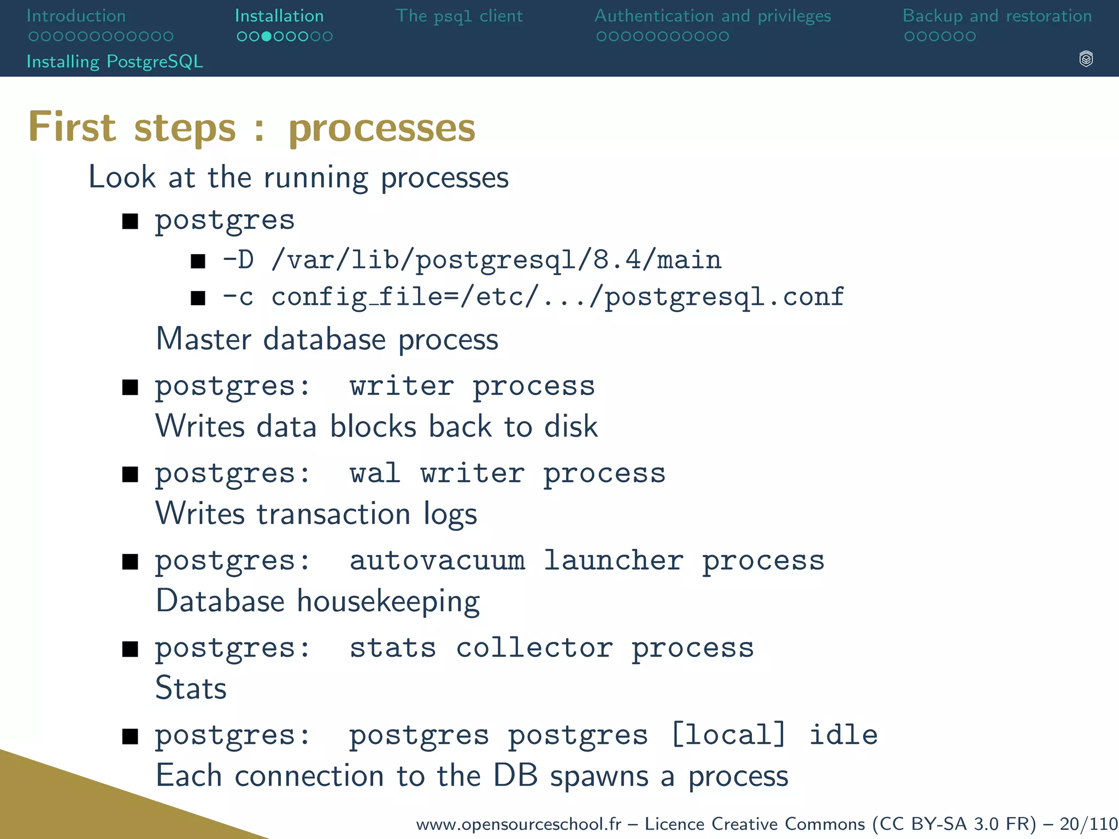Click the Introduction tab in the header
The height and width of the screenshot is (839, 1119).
click(x=76, y=16)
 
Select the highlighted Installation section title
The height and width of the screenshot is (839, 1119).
click(x=279, y=16)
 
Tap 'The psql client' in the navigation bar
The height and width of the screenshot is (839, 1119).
click(x=459, y=16)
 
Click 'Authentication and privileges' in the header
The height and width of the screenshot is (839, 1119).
click(x=712, y=16)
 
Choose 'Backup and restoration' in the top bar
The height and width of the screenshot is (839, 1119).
click(x=997, y=16)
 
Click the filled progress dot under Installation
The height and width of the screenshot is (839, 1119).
click(x=266, y=37)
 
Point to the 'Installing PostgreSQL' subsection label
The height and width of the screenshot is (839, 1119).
click(x=115, y=61)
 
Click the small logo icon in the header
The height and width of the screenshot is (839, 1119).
click(x=1086, y=59)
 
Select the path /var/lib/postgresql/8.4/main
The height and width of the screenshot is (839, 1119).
click(x=496, y=260)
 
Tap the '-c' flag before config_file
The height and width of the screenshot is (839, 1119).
click(x=238, y=297)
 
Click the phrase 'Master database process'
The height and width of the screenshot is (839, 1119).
click(x=327, y=339)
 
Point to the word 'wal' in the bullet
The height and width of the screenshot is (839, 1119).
click(x=375, y=473)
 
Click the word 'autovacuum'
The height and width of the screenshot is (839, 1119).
click(x=437, y=560)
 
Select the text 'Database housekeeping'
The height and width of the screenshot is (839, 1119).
click(x=317, y=601)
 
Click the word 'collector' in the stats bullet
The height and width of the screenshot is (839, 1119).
click(x=534, y=648)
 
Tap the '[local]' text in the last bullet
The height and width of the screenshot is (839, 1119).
click(x=728, y=735)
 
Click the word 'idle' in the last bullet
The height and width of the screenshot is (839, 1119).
click(x=843, y=735)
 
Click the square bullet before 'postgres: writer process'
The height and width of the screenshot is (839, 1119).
click(x=130, y=387)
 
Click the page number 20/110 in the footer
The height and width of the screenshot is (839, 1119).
click(x=1088, y=823)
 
